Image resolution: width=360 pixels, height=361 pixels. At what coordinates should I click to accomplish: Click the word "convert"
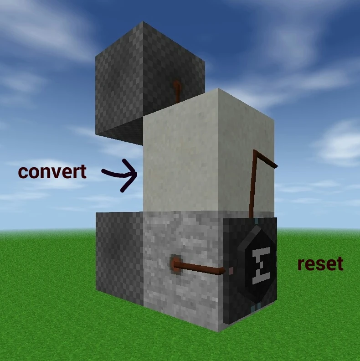tap(52, 172)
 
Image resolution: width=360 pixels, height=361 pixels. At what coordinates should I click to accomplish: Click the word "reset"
tap(320, 263)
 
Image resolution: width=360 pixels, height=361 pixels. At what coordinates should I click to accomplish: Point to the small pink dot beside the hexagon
tap(231, 270)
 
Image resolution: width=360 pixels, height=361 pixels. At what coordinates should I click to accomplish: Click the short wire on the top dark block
tap(177, 90)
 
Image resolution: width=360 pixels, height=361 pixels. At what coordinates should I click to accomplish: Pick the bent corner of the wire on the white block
tap(255, 152)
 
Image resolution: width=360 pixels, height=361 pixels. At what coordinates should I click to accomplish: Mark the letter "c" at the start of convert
tap(23, 173)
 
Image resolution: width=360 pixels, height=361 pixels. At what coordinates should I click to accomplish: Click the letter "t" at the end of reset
tap(340, 263)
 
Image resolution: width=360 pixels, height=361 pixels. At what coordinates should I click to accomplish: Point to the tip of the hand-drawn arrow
tap(136, 174)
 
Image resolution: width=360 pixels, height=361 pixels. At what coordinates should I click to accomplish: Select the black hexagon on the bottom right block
tap(257, 267)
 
